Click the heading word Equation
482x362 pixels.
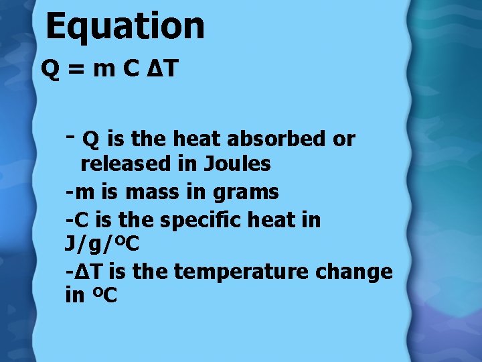(125, 26)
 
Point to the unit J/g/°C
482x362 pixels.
(102, 245)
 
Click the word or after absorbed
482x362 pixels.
(344, 139)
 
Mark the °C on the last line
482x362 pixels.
(104, 296)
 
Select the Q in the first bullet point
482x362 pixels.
(91, 139)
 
